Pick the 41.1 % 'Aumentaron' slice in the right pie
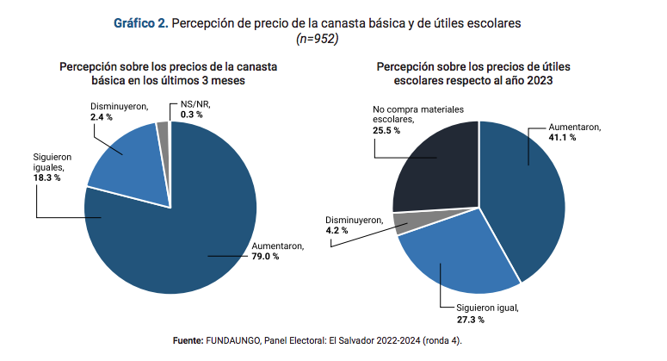click(x=525, y=190)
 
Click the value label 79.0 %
click(x=264, y=257)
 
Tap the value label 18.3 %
click(x=46, y=177)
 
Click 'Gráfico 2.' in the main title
click(x=141, y=23)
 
